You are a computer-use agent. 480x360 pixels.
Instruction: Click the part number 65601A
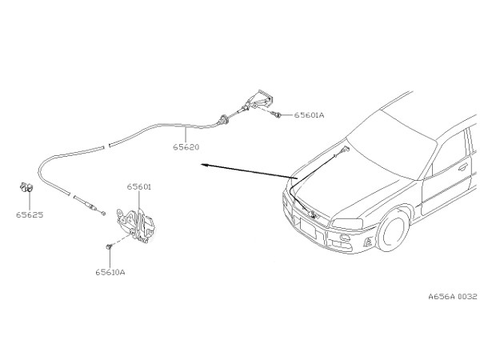(x=309, y=115)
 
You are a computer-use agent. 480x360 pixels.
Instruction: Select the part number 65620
(x=186, y=147)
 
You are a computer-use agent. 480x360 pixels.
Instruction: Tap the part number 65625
(x=30, y=214)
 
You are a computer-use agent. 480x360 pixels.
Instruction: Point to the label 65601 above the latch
(x=139, y=186)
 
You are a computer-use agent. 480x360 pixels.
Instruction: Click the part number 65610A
(x=110, y=272)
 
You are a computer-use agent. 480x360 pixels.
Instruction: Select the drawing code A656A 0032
(x=453, y=296)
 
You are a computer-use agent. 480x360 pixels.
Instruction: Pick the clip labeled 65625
(x=26, y=186)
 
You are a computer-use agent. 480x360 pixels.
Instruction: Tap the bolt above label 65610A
(x=109, y=246)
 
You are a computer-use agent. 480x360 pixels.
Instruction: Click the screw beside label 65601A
(x=278, y=114)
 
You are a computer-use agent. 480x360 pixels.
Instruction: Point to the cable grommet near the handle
(x=223, y=120)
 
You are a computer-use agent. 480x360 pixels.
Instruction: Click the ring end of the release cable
(x=103, y=213)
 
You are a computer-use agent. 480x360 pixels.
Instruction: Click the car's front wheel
(x=394, y=230)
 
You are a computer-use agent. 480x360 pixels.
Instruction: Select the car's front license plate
(x=308, y=227)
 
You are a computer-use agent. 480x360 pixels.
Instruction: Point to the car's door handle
(x=463, y=167)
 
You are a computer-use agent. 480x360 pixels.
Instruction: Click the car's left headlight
(x=347, y=223)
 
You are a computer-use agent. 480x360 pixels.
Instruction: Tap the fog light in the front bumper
(x=346, y=238)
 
